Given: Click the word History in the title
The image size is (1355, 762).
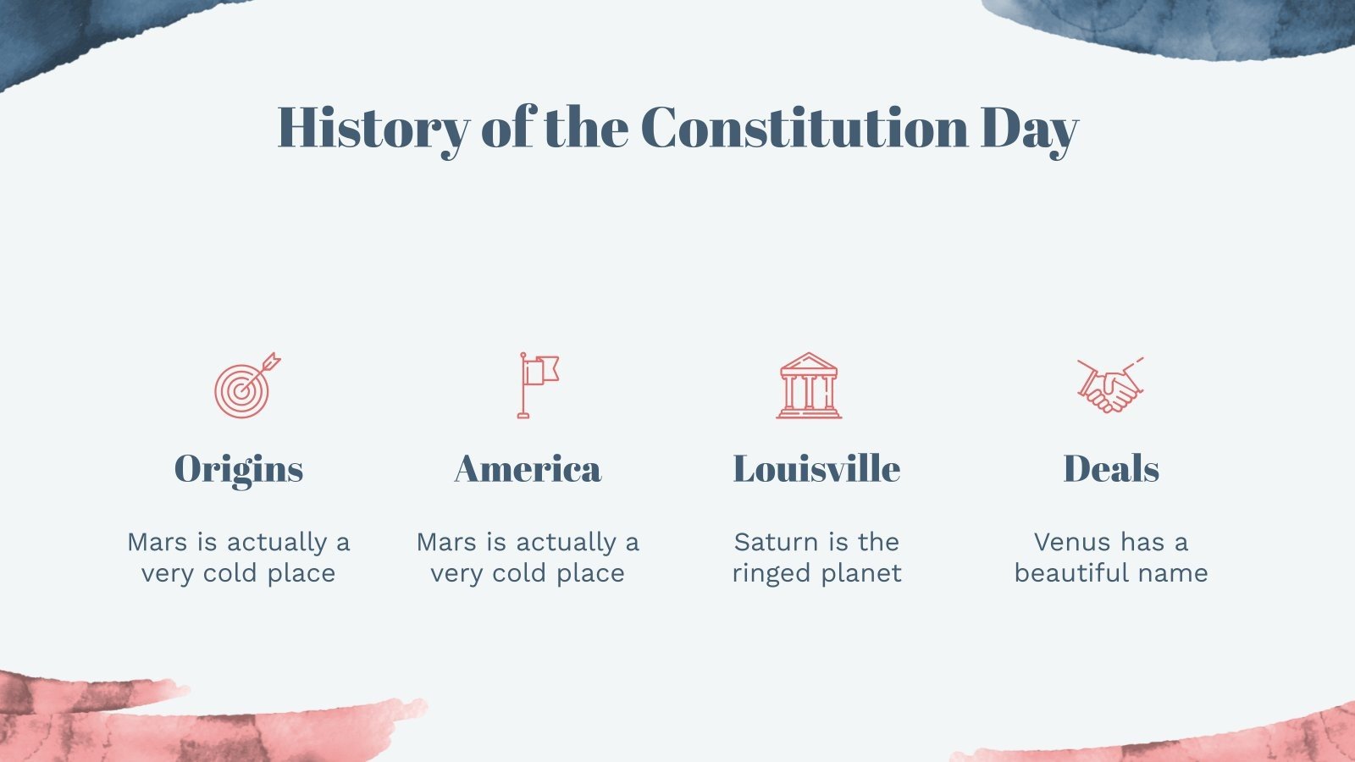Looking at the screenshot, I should [x=373, y=128].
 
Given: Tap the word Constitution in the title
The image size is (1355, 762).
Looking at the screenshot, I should [x=805, y=128].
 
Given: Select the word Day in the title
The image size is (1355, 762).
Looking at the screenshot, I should [x=1029, y=130].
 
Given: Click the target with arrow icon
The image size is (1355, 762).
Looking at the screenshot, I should [x=244, y=388].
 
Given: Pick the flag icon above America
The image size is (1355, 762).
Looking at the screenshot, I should [x=537, y=384].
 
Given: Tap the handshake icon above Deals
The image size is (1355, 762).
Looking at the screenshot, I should [x=1110, y=386].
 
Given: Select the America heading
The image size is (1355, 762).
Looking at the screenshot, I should [x=528, y=469].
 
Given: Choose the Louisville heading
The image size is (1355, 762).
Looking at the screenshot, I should [x=816, y=469].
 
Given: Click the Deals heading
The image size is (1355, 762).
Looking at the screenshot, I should [x=1111, y=469].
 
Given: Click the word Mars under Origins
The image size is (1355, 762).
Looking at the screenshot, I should [x=157, y=542].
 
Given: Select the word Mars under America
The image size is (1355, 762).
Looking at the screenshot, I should [x=446, y=542].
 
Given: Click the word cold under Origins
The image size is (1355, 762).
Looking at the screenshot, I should [x=231, y=573].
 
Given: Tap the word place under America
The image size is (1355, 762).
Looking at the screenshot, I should [x=590, y=574].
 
